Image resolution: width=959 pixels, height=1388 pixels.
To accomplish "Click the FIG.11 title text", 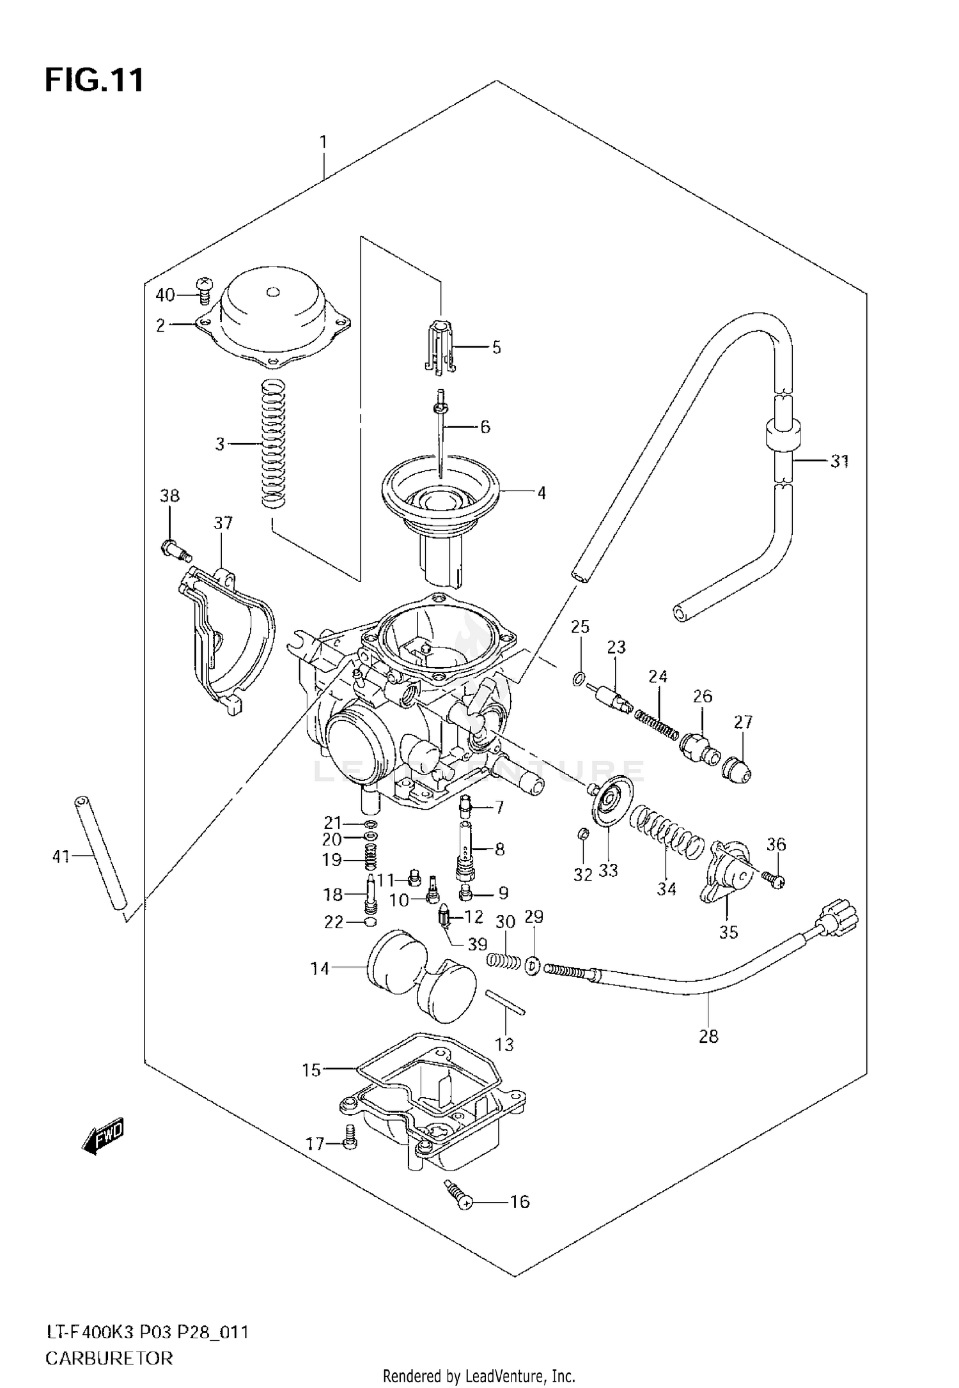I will pos(95,81).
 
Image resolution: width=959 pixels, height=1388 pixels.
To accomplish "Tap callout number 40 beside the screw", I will pos(165,295).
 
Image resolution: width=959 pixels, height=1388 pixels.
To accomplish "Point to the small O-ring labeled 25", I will pos(577,679).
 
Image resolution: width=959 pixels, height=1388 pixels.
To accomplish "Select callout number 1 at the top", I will pos(324,141).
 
